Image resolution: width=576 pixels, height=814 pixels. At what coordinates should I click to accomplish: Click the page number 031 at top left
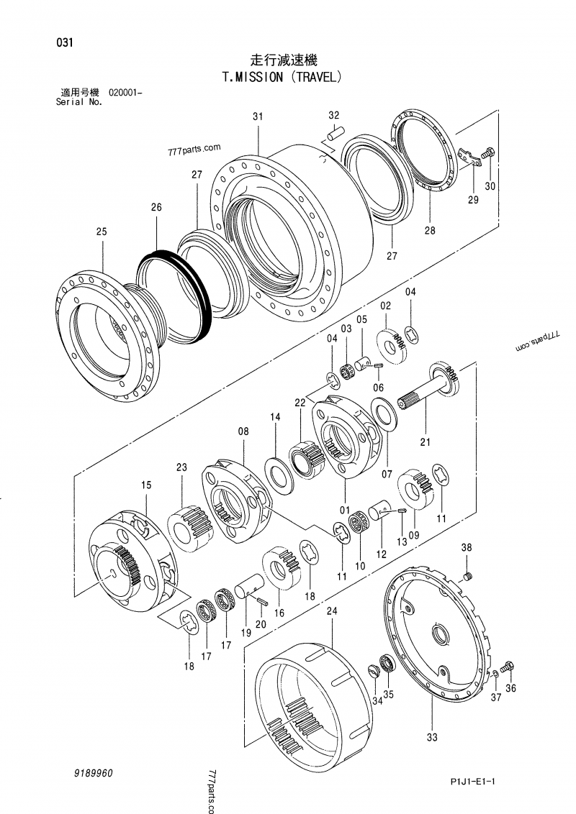pos(64,42)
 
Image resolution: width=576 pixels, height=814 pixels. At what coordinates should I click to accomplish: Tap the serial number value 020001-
pos(125,93)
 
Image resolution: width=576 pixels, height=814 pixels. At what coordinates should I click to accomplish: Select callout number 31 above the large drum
pos(258,116)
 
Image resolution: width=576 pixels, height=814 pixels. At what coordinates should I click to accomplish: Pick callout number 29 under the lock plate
pos(473,201)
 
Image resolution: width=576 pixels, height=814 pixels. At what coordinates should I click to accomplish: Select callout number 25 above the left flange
pos(101,232)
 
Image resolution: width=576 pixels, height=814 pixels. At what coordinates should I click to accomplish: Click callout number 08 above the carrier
pos(243,431)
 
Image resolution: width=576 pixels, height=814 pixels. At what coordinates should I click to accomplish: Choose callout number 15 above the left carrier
pos(145,486)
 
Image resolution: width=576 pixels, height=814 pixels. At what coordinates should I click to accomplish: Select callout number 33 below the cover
pos(431,737)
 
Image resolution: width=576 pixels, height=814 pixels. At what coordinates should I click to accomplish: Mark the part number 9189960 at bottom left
pos(93,773)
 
